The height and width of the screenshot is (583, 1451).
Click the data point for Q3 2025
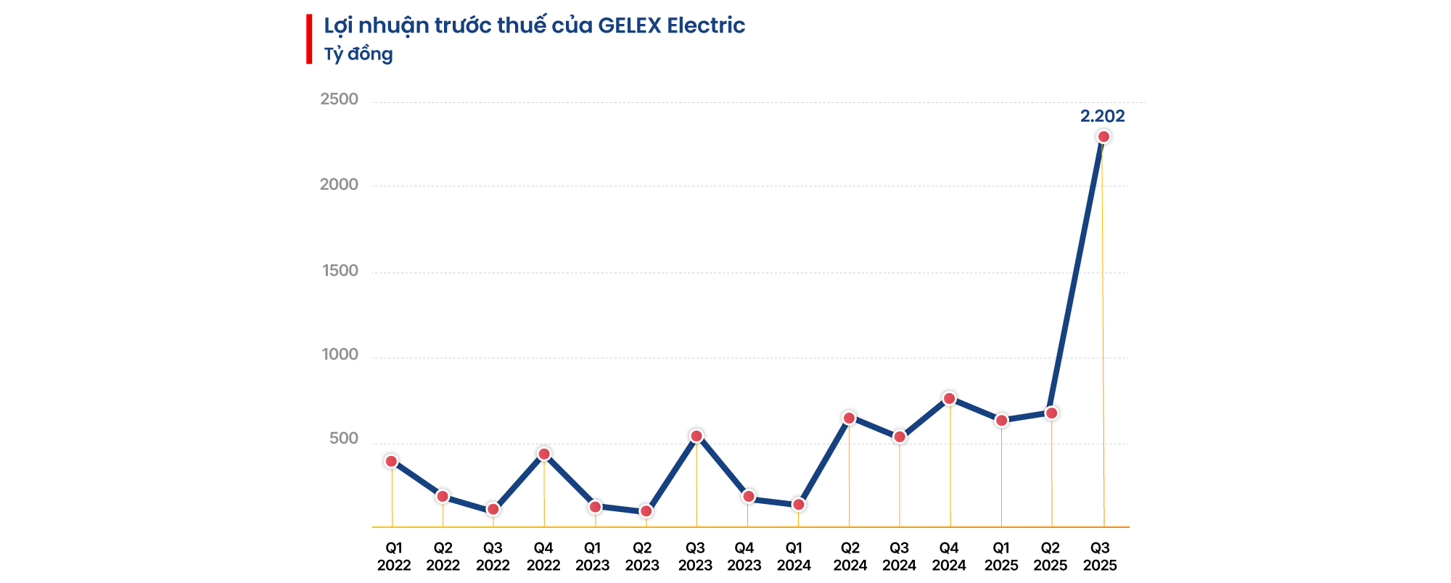coord(1103,137)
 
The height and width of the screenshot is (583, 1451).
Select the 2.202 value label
coord(1102,116)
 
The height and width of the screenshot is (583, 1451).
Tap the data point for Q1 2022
coord(391,461)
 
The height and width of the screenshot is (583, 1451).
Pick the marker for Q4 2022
coord(544,454)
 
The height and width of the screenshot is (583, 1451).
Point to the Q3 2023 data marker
coord(696,436)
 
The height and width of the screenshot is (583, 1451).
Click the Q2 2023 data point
coord(646,511)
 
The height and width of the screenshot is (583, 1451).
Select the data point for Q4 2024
coord(949,398)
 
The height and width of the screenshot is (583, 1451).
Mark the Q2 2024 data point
coord(849,418)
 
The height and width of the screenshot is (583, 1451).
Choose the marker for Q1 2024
coord(798,505)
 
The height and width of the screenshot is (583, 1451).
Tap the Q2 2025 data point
coord(1051,413)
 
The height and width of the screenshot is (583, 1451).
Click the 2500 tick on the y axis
coord(340,99)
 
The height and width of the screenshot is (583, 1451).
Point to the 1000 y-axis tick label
coord(340,355)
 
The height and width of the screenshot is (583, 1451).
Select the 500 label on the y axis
coord(344,439)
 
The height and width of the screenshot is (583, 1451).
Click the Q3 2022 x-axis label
coord(493,557)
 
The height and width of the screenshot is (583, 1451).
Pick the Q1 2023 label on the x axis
coord(593,557)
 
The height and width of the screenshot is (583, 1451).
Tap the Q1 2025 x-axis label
coord(1001,557)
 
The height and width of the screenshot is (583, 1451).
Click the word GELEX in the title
coord(629,25)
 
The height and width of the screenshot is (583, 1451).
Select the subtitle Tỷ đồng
coord(358,54)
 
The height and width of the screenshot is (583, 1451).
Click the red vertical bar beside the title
coord(309,39)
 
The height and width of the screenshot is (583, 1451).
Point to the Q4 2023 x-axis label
coord(744,557)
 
